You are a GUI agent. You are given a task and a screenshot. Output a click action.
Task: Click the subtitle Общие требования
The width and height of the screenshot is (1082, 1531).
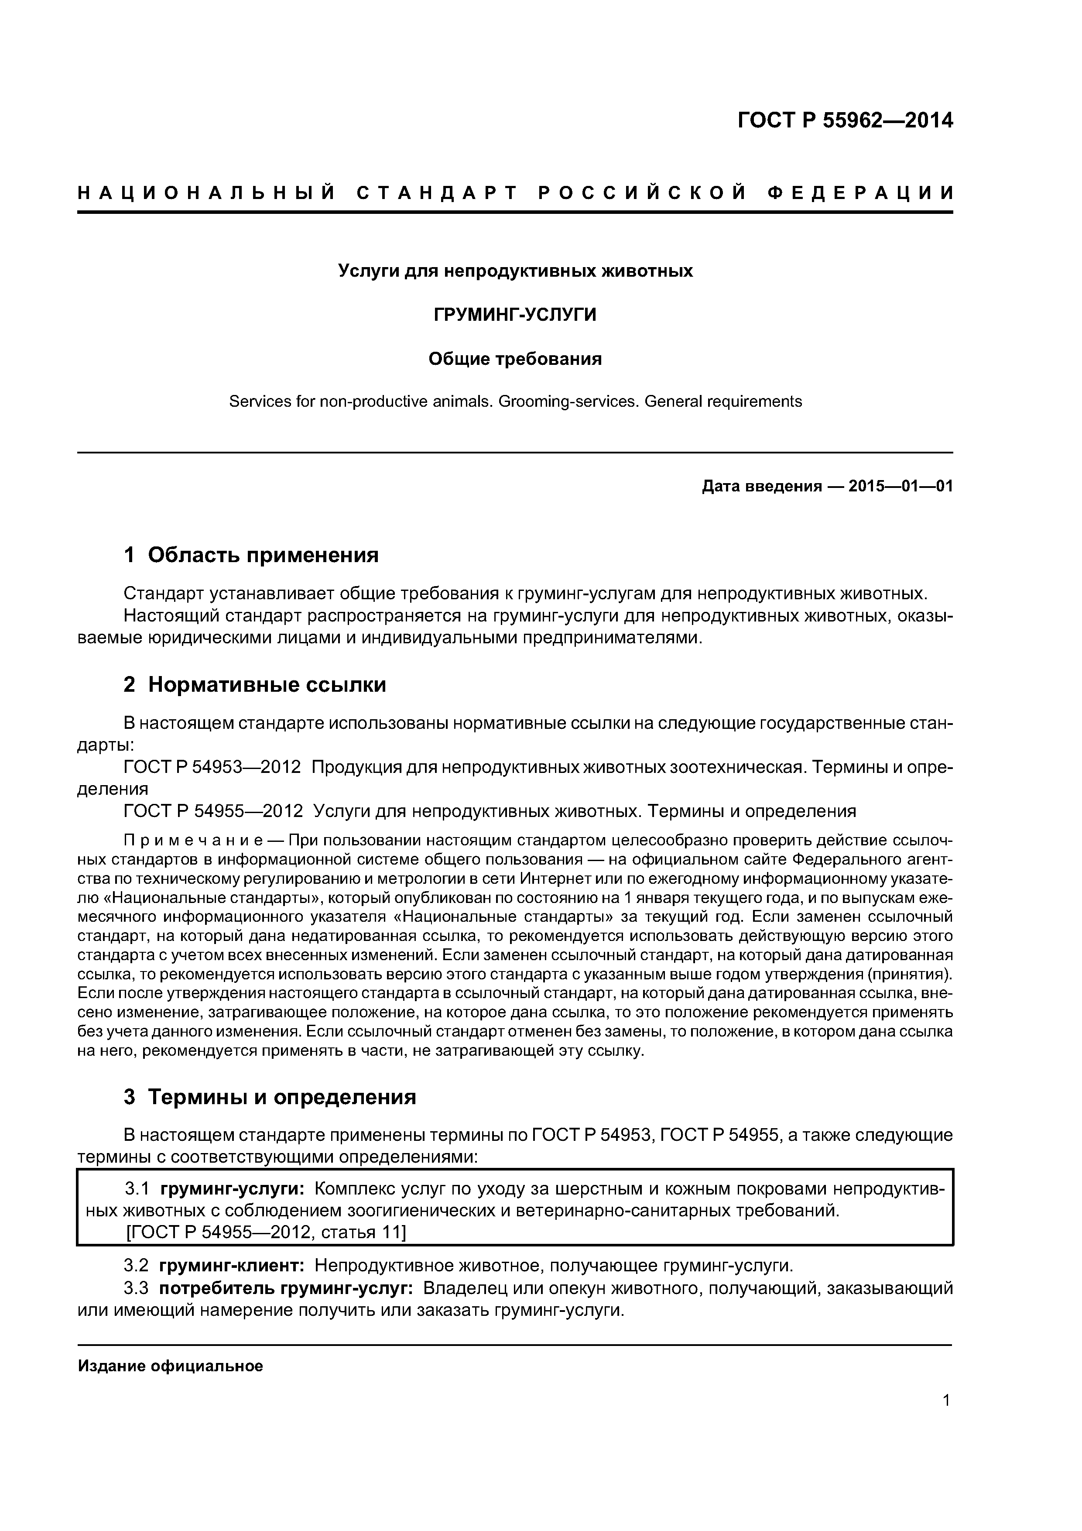[x=515, y=360]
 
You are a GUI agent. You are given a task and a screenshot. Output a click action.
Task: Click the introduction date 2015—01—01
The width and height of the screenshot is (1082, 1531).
[x=900, y=486]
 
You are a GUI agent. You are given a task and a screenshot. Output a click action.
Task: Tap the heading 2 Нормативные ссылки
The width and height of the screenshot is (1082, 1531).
[x=255, y=685]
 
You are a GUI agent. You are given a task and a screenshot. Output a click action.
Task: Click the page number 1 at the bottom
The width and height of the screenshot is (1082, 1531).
[x=946, y=1418]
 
